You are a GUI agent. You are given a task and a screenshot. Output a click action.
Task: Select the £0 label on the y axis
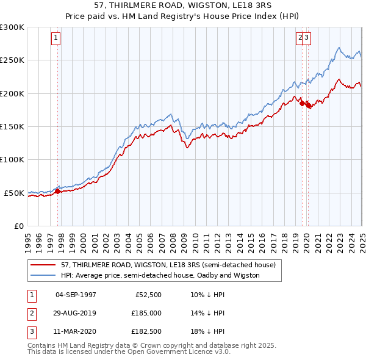point(18,226)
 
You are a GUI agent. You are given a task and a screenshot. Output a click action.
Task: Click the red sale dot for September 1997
point(57,191)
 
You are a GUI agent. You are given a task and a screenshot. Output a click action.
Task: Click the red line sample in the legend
point(43,265)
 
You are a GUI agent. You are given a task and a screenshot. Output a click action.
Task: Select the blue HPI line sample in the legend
point(43,275)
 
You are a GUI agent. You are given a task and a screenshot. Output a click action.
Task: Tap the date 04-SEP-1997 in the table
point(76,294)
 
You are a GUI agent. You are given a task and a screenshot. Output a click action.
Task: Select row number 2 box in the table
point(30,313)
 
